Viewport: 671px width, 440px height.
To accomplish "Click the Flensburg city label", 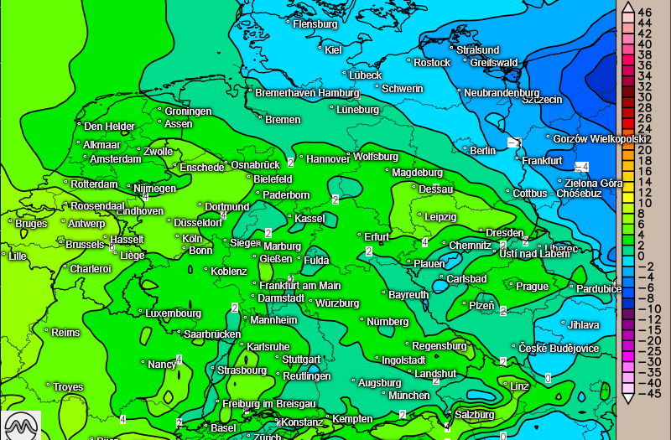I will point(315,24).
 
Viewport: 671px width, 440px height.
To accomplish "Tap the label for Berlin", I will point(483,151).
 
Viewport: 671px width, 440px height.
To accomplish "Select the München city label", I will point(409,395).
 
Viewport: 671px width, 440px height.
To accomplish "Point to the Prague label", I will point(532,287).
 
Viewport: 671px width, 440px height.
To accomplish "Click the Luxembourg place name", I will point(173,313).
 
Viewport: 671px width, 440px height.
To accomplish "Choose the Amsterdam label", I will point(115,159).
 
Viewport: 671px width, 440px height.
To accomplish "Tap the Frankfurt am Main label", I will point(299,286).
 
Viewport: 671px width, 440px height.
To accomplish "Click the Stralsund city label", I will point(477,50).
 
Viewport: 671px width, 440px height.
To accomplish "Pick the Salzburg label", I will point(475,414).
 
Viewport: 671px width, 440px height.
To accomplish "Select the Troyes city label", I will point(68,387).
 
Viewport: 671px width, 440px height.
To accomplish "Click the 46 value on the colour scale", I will point(645,12).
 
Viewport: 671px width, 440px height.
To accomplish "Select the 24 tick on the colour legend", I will point(645,128).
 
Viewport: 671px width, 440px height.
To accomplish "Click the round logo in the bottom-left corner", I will point(22,424).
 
